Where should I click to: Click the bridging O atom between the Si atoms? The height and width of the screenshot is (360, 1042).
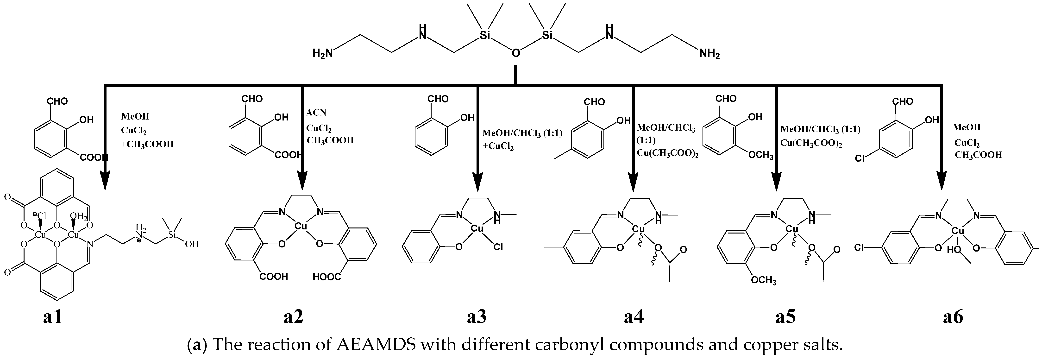(516, 53)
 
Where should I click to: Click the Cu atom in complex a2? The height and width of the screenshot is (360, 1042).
(301, 227)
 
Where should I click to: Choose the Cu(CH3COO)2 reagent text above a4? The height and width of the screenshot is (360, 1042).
(667, 153)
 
